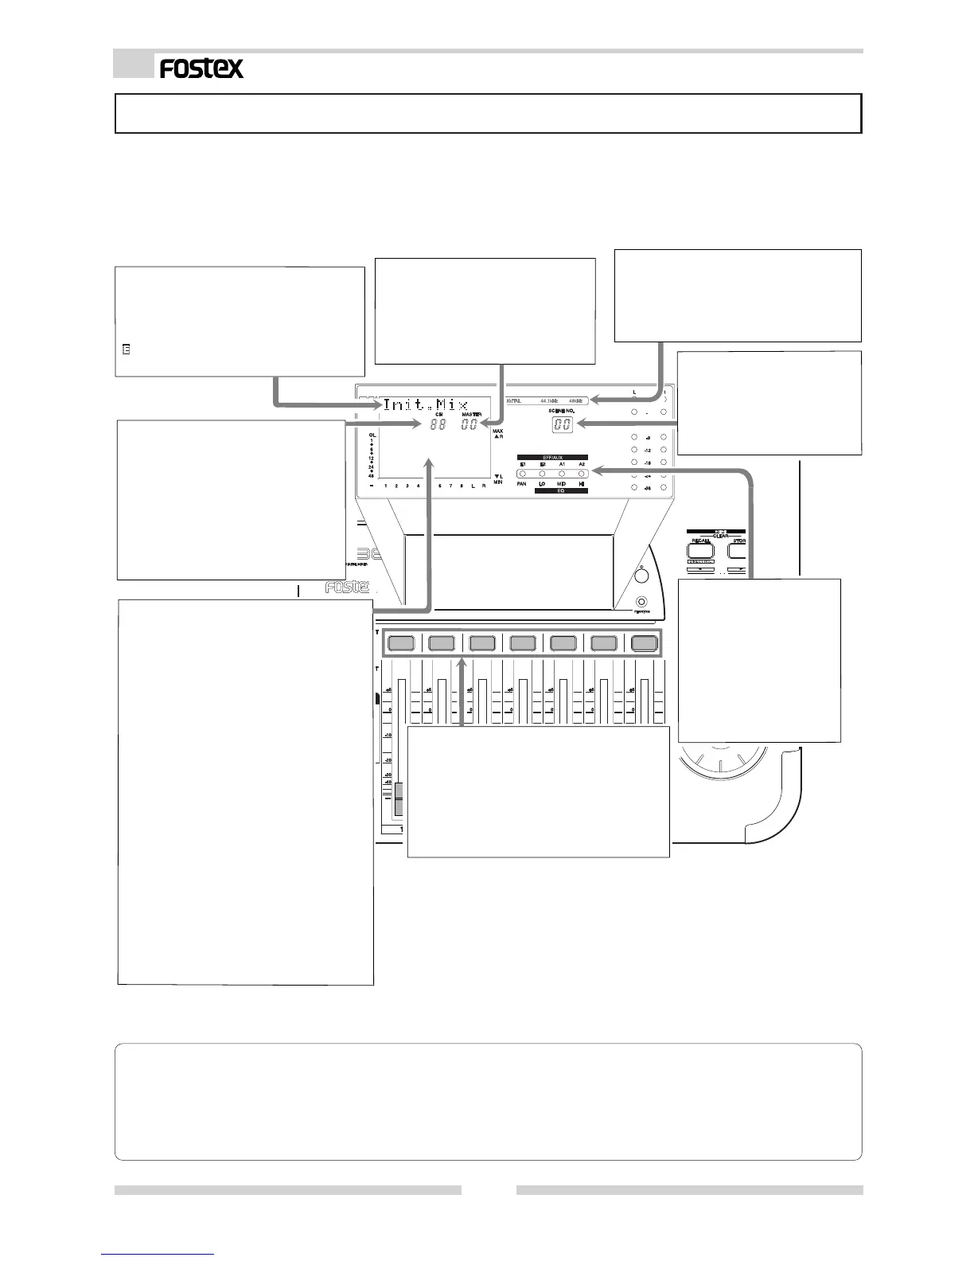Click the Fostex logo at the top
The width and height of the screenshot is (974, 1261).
202,68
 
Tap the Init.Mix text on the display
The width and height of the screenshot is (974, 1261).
426,405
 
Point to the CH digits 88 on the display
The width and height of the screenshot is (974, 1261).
438,425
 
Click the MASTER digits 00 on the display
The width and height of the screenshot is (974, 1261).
470,425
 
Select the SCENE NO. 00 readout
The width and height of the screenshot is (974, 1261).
562,424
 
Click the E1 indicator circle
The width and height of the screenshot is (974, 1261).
523,474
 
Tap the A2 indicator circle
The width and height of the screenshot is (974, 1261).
582,474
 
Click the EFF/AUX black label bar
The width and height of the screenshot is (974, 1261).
552,457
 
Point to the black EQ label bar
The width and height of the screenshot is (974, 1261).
560,491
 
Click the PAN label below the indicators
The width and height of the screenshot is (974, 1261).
522,484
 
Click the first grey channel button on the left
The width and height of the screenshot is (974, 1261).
401,643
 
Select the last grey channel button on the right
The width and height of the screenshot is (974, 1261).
644,643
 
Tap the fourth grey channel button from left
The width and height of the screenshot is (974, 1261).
523,643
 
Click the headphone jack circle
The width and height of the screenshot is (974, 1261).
641,603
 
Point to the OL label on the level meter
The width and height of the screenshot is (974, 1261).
372,435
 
